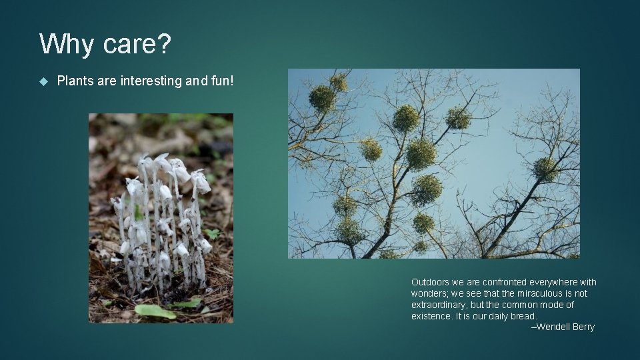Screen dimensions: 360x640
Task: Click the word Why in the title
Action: (66, 45)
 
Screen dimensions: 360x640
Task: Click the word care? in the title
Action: (136, 45)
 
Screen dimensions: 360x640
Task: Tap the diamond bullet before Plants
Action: (44, 81)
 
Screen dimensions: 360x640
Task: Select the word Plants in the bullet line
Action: (75, 81)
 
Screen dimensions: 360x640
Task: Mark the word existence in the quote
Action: (431, 316)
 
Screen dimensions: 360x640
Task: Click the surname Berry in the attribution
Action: (583, 327)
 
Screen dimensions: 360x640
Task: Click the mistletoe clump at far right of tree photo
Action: (545, 169)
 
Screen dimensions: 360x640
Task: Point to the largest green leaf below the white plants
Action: (155, 311)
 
